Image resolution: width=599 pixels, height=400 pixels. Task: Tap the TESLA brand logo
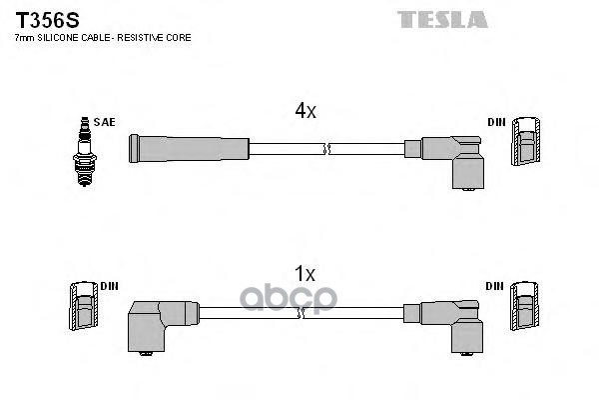pyautogui.click(x=442, y=19)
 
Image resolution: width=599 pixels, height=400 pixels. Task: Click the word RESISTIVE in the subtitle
pyautogui.click(x=149, y=37)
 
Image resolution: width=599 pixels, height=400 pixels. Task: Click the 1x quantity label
pyautogui.click(x=303, y=273)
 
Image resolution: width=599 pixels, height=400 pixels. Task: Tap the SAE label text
pyautogui.click(x=106, y=122)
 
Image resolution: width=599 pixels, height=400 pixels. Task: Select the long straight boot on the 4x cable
pyautogui.click(x=188, y=149)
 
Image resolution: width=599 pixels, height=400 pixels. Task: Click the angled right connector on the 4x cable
pyautogui.click(x=454, y=157)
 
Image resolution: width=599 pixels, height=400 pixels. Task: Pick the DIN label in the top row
pyautogui.click(x=496, y=122)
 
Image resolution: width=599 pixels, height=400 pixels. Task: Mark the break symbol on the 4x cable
pyautogui.click(x=325, y=149)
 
